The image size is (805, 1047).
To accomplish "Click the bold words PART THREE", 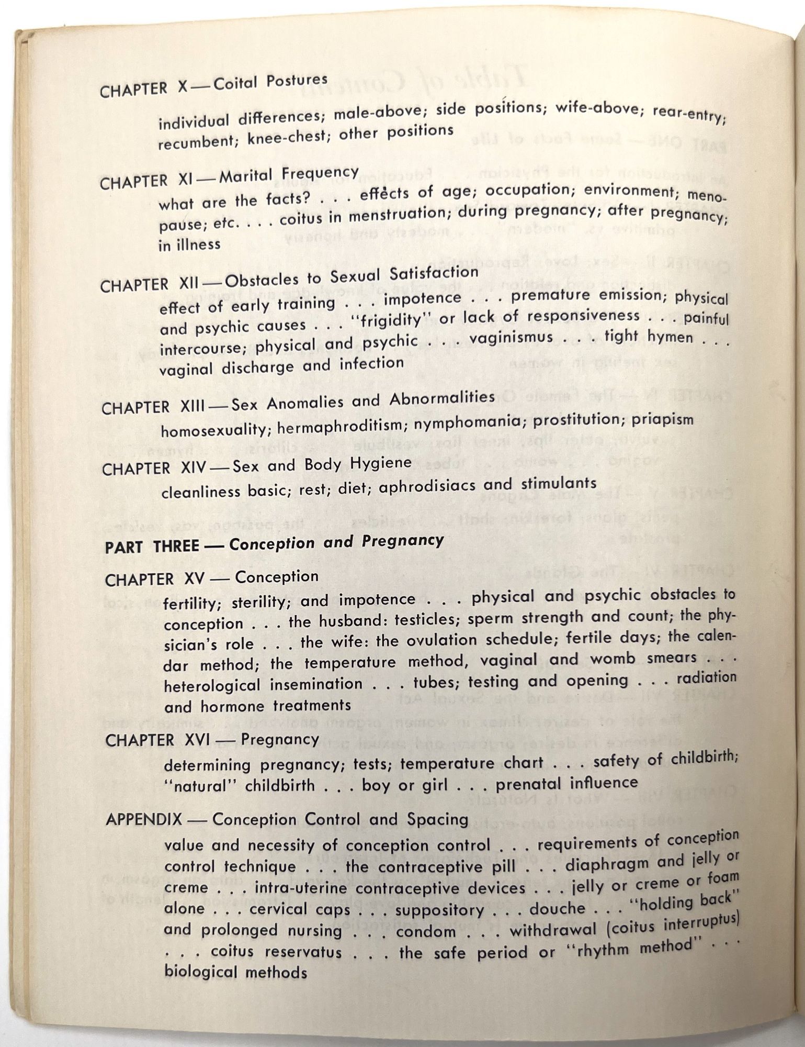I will [x=152, y=547].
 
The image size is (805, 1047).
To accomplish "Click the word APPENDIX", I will [x=144, y=819].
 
